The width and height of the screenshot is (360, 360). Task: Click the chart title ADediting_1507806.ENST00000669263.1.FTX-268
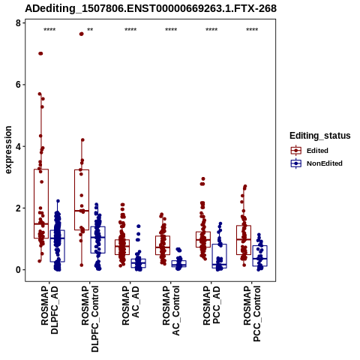(151, 9)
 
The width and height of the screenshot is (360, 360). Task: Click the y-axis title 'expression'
(8, 150)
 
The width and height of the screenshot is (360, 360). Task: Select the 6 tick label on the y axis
(18, 85)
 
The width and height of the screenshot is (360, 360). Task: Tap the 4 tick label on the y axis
(18, 146)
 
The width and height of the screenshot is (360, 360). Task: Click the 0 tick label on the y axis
(18, 270)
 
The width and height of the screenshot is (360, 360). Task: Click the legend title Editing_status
(320, 136)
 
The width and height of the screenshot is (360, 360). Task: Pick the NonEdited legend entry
(316, 163)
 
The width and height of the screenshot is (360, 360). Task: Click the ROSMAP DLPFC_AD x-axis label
(49, 310)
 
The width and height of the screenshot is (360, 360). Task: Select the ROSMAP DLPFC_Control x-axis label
(90, 319)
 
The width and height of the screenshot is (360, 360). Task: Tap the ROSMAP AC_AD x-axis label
(130, 305)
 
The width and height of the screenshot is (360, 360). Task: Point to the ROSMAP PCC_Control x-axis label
(252, 313)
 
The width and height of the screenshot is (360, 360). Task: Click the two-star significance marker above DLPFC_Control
(90, 30)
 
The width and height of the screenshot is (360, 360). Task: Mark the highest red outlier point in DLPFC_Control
(81, 34)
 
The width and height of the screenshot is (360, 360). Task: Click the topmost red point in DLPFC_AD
(40, 53)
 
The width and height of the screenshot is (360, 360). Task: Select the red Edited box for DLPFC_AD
(41, 204)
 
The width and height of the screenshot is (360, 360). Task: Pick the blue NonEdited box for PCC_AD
(220, 256)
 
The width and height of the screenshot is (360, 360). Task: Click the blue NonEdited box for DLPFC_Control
(98, 240)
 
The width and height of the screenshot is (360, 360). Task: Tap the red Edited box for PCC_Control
(244, 240)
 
